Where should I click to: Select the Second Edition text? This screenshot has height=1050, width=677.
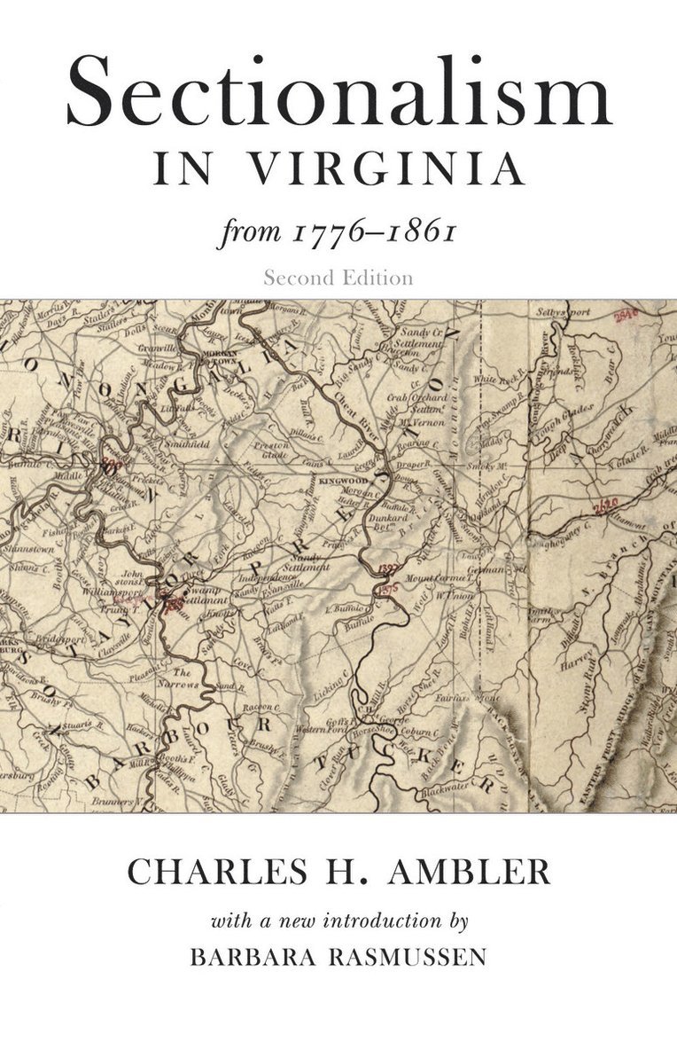[x=338, y=278]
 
